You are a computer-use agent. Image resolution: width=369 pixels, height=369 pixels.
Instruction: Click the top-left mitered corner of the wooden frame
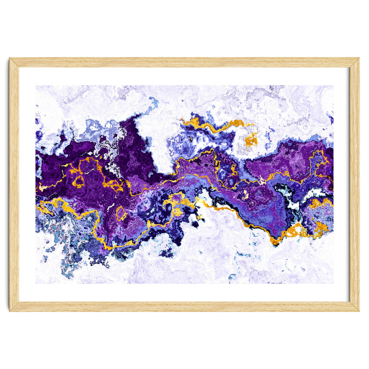tap(14, 62)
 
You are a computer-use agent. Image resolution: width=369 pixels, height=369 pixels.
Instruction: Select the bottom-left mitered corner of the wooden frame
tap(14, 307)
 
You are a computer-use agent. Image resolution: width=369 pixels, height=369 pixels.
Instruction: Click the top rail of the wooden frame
tap(184, 62)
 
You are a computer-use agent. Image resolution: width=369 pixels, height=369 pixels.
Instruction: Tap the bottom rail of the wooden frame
tap(184, 307)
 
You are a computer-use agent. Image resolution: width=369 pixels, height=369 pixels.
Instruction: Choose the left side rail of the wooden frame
tap(14, 184)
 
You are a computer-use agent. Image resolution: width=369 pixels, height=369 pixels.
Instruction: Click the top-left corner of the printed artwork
tap(36, 86)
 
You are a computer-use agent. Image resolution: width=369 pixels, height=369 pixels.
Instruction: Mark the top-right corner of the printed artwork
tap(333, 86)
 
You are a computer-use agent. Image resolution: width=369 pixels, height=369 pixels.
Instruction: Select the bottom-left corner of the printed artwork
tap(36, 283)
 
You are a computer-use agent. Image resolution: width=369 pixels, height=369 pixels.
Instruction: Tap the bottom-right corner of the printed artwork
tap(333, 283)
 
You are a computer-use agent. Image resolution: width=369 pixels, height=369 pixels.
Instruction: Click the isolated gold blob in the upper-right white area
tap(251, 140)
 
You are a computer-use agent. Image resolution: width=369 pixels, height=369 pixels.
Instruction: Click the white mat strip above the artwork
tap(184, 76)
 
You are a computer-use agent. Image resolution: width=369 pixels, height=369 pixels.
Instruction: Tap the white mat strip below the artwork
tap(184, 292)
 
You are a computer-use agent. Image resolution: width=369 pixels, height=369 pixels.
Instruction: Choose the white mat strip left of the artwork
tap(27, 184)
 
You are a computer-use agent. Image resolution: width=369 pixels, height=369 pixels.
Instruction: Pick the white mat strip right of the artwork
tap(341, 184)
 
